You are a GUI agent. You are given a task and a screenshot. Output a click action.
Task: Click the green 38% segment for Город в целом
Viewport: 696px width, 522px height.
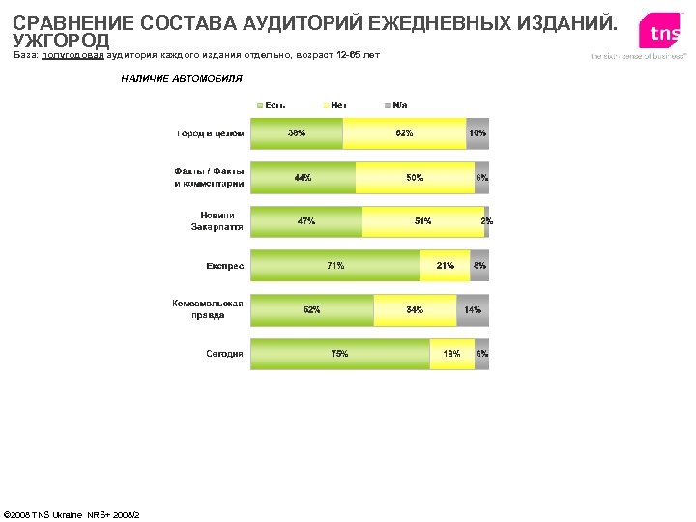point(297,133)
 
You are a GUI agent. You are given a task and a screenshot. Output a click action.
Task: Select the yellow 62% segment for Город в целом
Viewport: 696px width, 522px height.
point(404,133)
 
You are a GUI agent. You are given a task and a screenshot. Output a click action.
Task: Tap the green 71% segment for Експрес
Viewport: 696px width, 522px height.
point(335,265)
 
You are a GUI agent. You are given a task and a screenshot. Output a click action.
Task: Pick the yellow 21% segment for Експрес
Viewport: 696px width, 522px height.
point(446,265)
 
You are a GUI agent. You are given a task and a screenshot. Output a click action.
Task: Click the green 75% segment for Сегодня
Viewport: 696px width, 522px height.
point(340,354)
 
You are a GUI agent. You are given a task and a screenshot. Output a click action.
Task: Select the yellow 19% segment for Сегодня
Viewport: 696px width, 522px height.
point(451,354)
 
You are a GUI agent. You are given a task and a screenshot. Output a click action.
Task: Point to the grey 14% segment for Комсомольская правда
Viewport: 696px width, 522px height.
point(473,310)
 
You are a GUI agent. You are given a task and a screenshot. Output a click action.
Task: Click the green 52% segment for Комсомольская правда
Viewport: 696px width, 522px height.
point(312,310)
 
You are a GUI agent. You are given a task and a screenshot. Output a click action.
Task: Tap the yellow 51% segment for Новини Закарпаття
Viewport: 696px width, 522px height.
point(423,221)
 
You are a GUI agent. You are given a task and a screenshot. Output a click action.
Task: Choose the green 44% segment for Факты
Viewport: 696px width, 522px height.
point(304,178)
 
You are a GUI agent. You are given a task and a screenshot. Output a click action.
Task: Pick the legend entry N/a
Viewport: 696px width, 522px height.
point(396,104)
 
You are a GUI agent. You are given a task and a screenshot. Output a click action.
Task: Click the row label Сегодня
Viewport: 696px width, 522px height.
point(224,354)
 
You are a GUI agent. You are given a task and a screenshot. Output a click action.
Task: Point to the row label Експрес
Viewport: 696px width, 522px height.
point(224,265)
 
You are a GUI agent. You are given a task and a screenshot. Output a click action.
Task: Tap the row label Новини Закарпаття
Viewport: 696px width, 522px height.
point(217,221)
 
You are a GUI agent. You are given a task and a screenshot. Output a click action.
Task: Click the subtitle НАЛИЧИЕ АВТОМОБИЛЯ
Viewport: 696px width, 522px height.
point(182,78)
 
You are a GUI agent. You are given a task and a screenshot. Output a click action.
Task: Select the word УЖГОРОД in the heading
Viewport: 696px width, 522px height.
point(61,41)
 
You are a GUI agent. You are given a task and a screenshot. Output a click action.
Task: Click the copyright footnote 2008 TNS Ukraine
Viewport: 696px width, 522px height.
point(72,513)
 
